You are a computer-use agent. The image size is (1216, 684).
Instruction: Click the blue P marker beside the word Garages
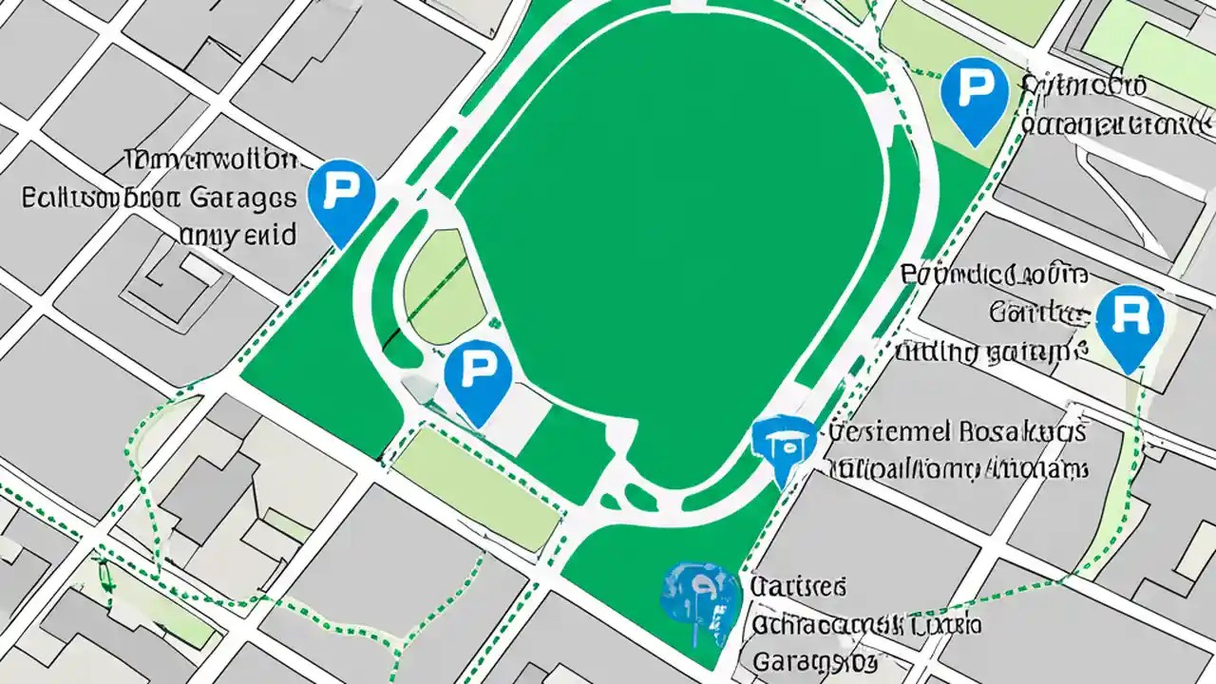pos(342,198)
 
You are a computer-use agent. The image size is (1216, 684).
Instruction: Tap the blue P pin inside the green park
pos(478,376)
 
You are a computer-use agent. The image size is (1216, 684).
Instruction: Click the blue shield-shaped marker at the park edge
pos(783,444)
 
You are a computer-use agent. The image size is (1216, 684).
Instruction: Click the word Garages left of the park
pos(242,198)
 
